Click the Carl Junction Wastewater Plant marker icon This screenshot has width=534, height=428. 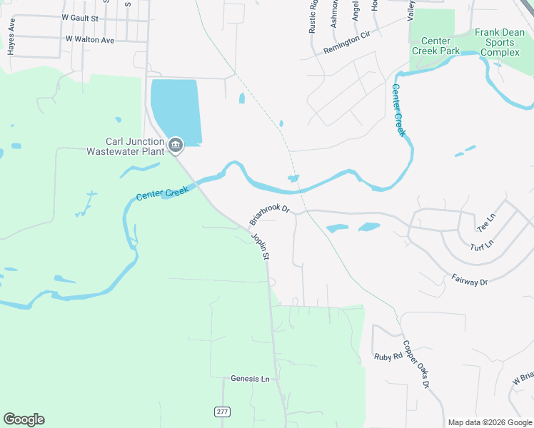click(x=176, y=146)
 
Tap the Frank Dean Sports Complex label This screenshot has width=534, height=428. click(x=500, y=43)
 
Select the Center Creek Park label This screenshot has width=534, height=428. click(x=436, y=46)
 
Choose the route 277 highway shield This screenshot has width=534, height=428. click(x=222, y=412)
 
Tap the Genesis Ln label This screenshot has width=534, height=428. click(x=251, y=379)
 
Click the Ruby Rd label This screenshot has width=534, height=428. click(x=388, y=356)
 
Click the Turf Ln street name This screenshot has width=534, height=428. click(x=482, y=246)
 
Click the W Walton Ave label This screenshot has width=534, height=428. click(x=89, y=40)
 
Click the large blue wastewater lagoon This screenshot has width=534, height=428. click(x=176, y=107)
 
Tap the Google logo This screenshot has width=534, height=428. click(x=24, y=419)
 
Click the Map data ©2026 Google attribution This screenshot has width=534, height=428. click(x=489, y=422)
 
